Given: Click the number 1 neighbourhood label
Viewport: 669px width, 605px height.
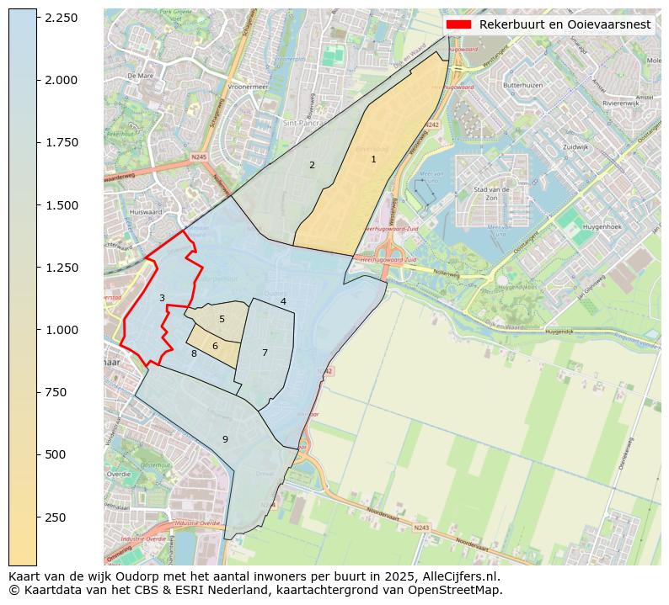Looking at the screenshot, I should pos(373,159).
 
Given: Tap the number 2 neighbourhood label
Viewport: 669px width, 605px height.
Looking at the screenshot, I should pos(312,165).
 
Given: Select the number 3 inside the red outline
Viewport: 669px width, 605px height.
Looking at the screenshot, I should pos(162,298).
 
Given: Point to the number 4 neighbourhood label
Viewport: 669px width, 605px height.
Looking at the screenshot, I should pos(283,301).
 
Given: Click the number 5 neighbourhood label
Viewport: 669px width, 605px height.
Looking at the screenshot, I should pos(222,319).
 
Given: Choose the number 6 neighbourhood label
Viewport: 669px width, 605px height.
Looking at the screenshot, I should pos(215,346).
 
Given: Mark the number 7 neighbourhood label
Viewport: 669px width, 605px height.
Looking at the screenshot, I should pos(265,353).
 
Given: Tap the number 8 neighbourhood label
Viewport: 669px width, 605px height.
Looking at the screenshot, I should pos(194,353).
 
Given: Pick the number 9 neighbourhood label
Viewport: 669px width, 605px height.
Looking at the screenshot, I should pos(225,439).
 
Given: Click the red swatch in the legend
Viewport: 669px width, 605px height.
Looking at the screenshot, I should pos(458,24).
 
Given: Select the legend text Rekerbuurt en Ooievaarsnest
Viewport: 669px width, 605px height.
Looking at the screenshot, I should pos(565,24).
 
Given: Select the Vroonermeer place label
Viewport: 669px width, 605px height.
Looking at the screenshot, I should pos(247,86).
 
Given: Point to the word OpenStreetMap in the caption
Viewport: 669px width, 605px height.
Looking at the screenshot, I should pos(458,590).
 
